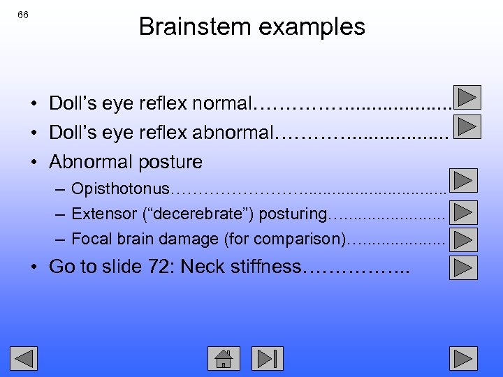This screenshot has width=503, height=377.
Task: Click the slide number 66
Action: click(23, 15)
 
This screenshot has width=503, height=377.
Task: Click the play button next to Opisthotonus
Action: click(464, 181)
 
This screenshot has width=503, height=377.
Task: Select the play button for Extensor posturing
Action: click(464, 212)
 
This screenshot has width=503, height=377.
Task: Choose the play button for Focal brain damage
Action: click(464, 239)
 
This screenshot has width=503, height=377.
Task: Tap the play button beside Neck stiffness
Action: click(464, 267)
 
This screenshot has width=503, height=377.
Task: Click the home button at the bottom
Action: click(224, 358)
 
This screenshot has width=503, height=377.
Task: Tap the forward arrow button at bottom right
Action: click(464, 358)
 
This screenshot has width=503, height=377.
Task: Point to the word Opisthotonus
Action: click(120, 188)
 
